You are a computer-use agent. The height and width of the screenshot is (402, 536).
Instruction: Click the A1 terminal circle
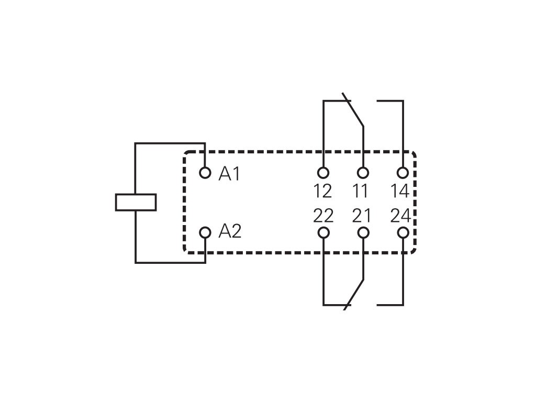point(205,173)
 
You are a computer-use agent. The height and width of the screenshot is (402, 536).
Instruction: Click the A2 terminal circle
point(205,232)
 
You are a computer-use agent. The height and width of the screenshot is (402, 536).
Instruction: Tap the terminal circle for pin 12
point(323,173)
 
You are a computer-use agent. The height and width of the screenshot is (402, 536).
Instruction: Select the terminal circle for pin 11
point(363,173)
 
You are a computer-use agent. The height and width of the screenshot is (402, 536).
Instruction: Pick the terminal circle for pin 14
point(403,173)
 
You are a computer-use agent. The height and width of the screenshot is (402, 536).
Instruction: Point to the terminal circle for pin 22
point(323,232)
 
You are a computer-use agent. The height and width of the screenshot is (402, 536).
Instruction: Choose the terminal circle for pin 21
point(363,232)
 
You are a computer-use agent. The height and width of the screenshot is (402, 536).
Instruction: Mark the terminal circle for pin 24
point(403,232)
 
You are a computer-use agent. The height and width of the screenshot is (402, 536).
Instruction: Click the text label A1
point(229,174)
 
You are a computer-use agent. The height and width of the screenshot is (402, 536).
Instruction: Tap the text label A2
point(230,231)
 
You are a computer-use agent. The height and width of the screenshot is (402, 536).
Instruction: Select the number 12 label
point(322,191)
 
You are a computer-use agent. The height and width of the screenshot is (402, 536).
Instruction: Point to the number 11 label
point(360,191)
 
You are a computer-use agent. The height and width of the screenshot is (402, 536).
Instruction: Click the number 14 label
point(400,191)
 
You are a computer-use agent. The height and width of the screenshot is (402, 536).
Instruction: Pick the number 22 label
point(323,216)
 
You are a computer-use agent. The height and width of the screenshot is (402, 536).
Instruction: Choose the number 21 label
point(362,216)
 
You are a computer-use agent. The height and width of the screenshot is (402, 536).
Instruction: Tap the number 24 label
point(401,216)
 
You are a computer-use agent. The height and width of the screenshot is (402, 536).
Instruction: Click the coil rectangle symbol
point(136,202)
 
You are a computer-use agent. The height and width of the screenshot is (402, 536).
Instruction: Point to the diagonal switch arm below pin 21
point(353,295)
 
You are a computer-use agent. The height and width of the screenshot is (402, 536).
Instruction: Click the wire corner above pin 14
point(403,101)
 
